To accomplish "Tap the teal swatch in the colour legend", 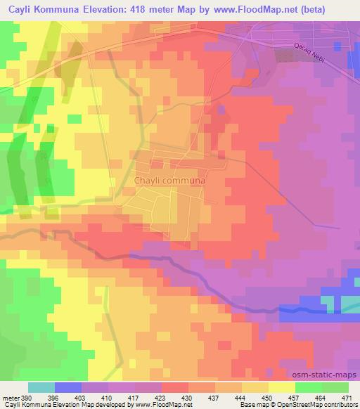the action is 41,387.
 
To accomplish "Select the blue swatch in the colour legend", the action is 68,387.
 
